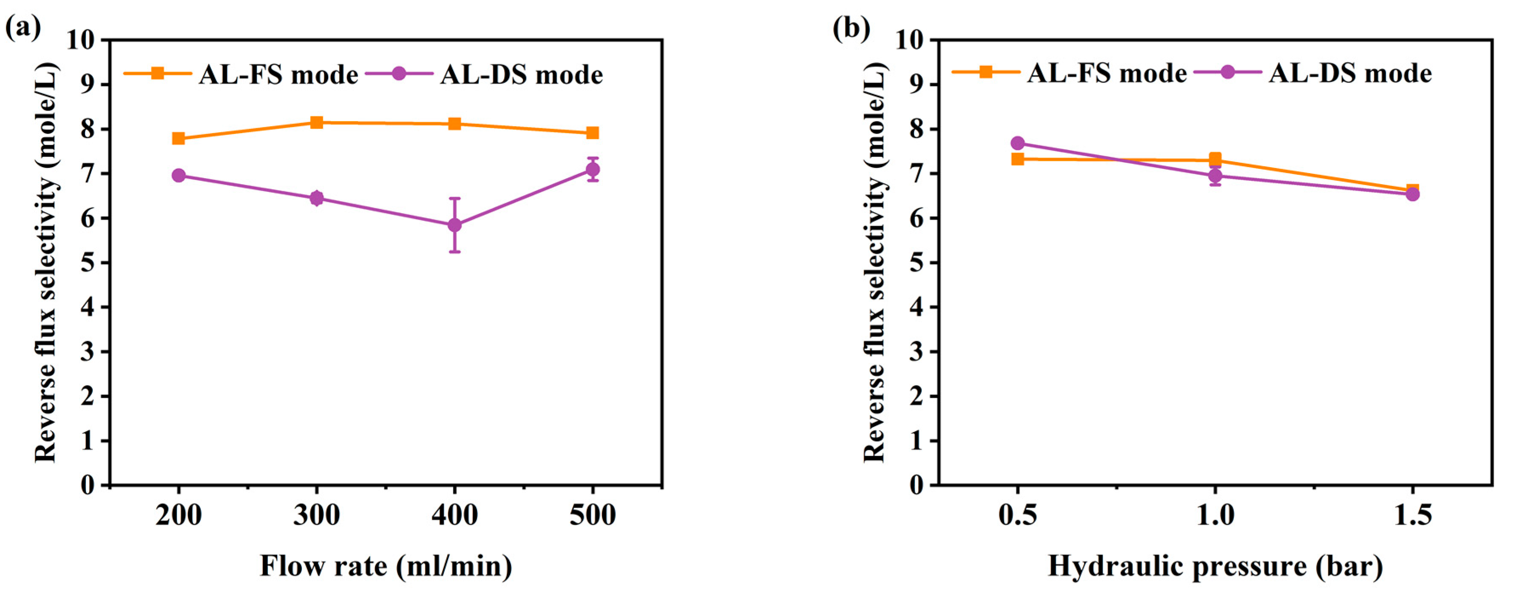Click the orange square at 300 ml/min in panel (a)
[x=316, y=123]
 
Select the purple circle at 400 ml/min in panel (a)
[x=454, y=225]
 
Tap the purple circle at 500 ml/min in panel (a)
[x=593, y=170]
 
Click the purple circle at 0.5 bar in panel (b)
[x=1017, y=143]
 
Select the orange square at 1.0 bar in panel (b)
[x=1215, y=159]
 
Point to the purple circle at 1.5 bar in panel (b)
[x=1412, y=194]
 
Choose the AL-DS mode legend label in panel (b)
[x=1350, y=74]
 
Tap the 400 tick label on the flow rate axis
[x=454, y=515]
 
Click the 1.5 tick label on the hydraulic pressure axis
[x=1412, y=515]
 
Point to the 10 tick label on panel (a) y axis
[x=80, y=40]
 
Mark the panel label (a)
[x=23, y=27]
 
